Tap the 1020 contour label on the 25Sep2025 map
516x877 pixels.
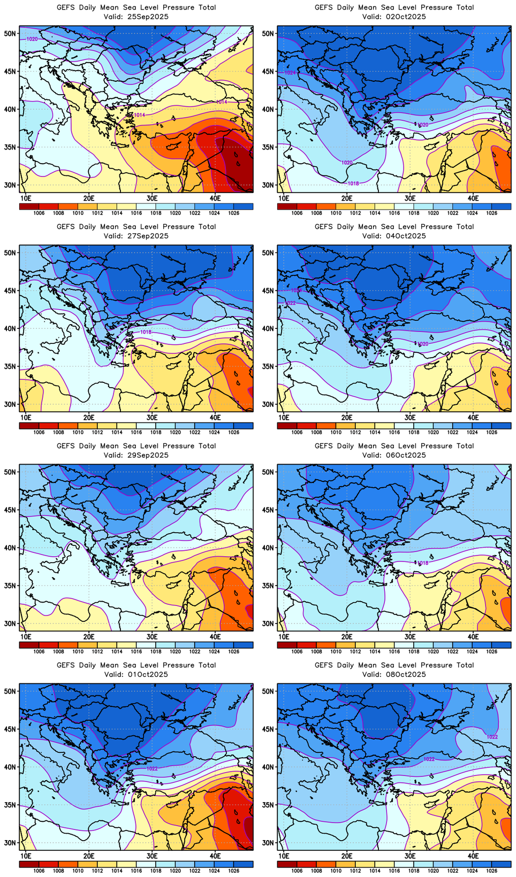[32, 39]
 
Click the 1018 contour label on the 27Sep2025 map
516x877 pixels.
[146, 332]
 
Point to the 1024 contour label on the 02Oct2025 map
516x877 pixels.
[290, 72]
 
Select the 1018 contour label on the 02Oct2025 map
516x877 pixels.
[353, 183]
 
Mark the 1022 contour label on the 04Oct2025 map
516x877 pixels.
[290, 303]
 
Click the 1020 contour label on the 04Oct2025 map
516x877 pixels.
[423, 344]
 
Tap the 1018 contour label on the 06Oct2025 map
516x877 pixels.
[423, 563]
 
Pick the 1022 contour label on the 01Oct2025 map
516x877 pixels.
[152, 768]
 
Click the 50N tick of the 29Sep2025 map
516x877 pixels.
[11, 472]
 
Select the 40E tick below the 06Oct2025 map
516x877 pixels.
[473, 637]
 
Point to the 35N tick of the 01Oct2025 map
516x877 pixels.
[11, 805]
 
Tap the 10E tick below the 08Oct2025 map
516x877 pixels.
[284, 856]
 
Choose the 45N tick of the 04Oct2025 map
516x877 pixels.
[269, 290]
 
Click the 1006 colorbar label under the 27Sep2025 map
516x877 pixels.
[39, 433]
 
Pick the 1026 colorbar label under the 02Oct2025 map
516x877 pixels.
[492, 213]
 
